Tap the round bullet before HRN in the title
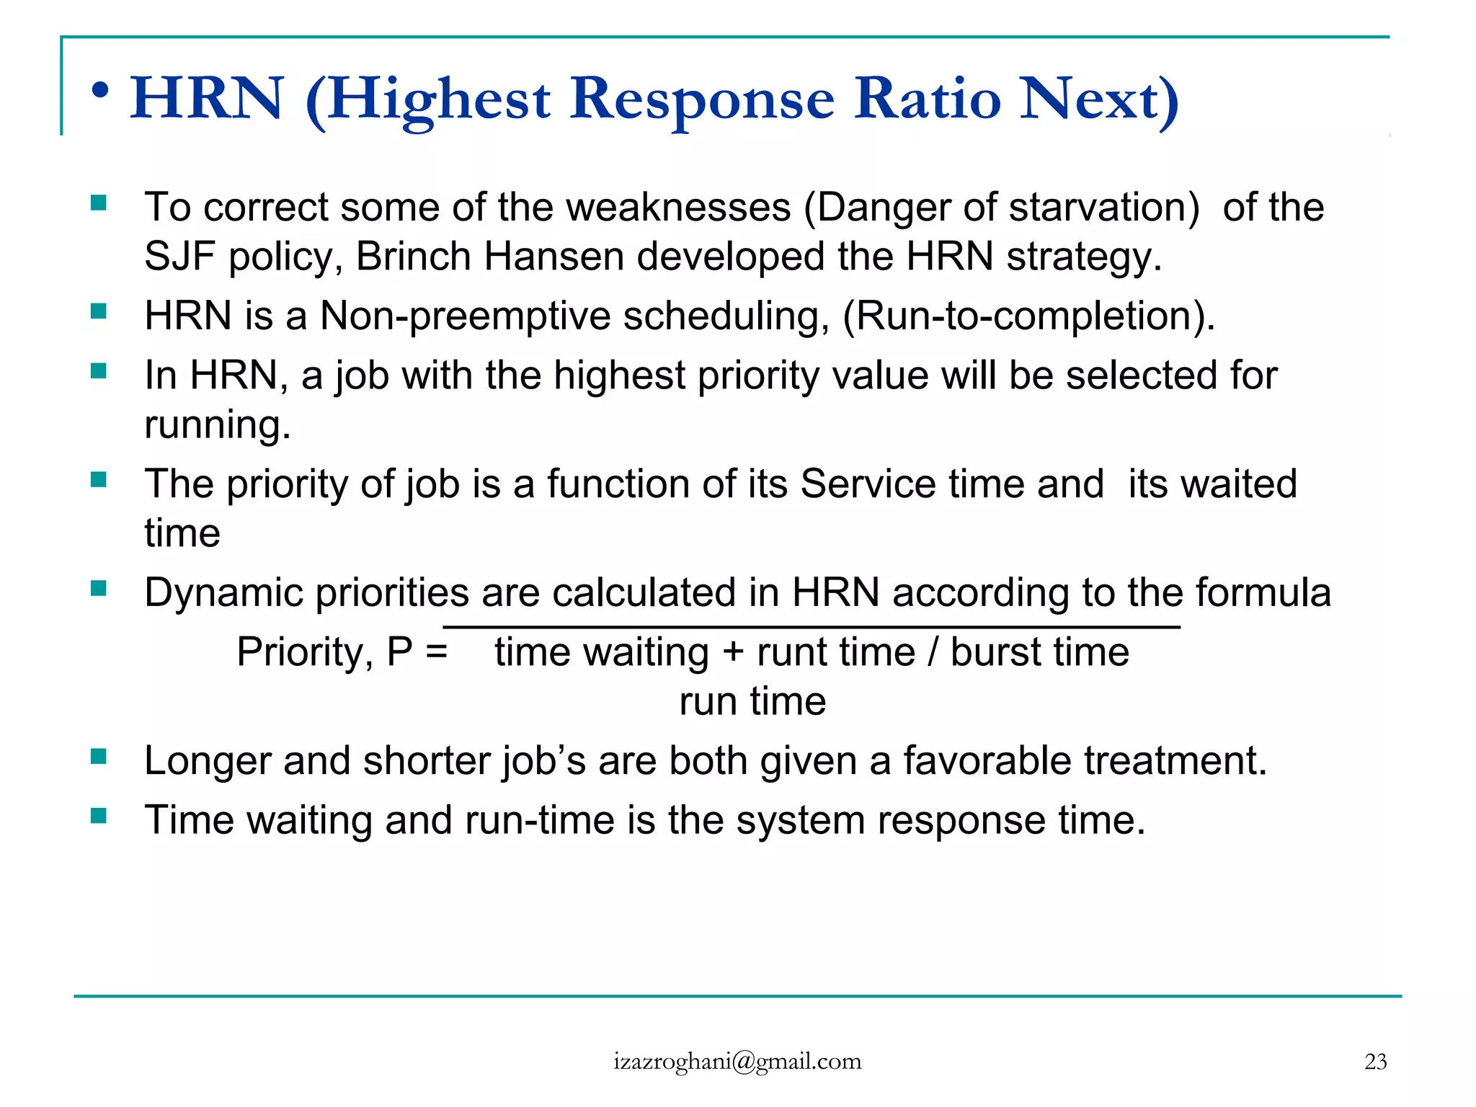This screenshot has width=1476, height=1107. [x=101, y=92]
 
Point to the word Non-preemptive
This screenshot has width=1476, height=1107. [x=465, y=316]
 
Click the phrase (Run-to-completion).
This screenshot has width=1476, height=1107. [x=1028, y=316]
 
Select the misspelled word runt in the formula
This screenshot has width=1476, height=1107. [x=791, y=653]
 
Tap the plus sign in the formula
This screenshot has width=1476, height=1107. [x=733, y=653]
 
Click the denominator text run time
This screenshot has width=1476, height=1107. [x=752, y=701]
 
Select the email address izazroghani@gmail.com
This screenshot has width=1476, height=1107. [x=737, y=1062]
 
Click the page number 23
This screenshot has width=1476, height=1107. [x=1375, y=1062]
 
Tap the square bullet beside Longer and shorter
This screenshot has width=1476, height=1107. [x=99, y=756]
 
